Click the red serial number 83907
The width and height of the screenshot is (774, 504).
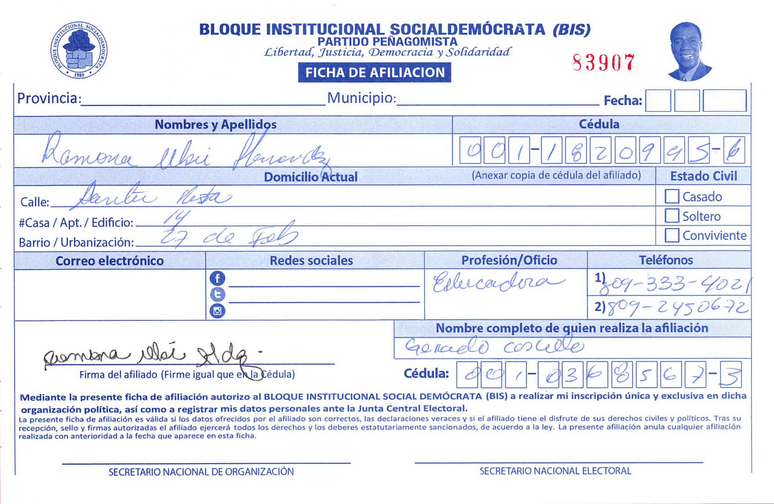(x=603, y=62)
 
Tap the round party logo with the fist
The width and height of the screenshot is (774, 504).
(x=79, y=50)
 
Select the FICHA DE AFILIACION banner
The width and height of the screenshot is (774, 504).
(x=374, y=72)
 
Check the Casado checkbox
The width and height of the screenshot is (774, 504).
(x=671, y=196)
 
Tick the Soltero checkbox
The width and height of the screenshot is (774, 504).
(x=671, y=216)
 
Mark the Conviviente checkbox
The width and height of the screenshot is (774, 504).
(x=671, y=235)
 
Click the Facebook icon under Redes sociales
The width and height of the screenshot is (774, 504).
(x=217, y=278)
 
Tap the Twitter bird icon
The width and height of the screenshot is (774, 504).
(x=217, y=295)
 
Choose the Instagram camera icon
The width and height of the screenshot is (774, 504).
(x=217, y=311)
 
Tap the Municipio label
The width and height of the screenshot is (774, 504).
(x=361, y=98)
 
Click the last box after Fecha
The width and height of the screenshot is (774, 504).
(x=724, y=101)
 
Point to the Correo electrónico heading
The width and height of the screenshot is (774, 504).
(x=110, y=261)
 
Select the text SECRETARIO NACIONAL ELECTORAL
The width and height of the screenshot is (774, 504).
(x=555, y=471)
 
